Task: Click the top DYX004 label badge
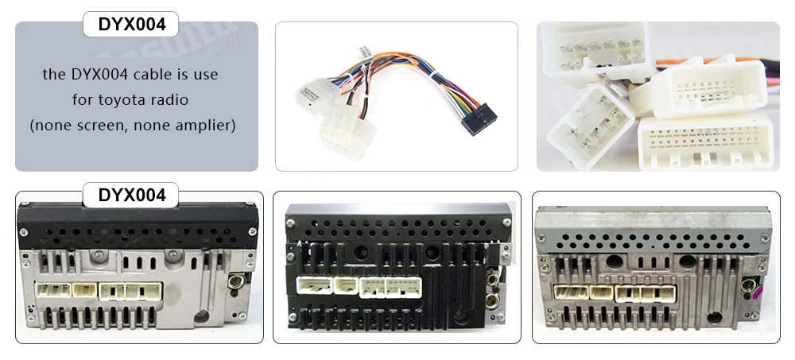131,25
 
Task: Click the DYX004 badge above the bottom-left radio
131,195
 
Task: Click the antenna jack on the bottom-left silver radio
235,280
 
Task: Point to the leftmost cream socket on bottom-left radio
53,290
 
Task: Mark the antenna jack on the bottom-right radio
747,281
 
